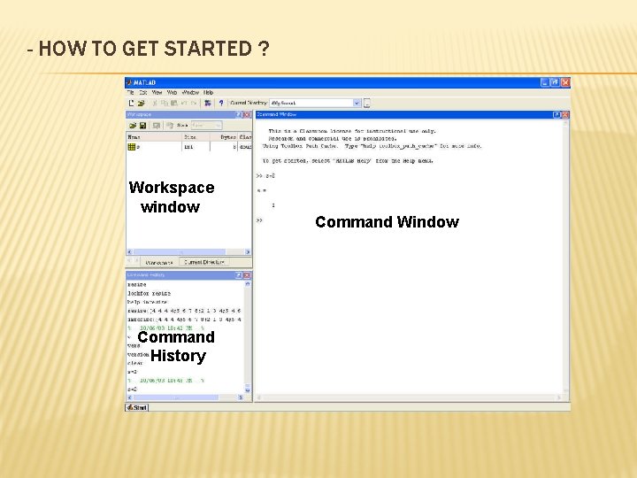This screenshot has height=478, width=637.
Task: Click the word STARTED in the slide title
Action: pyautogui.click(x=208, y=49)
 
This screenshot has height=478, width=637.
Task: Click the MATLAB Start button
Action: pyautogui.click(x=138, y=407)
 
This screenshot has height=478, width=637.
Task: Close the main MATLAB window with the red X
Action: pyautogui.click(x=565, y=82)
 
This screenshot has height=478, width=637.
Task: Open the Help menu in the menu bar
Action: pyautogui.click(x=209, y=92)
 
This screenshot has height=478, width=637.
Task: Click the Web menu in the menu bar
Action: pyautogui.click(x=173, y=92)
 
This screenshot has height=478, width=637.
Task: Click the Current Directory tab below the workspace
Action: pyautogui.click(x=203, y=262)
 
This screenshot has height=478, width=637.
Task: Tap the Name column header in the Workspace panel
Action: pyautogui.click(x=134, y=137)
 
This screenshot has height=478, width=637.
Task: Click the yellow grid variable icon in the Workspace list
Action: pyautogui.click(x=132, y=147)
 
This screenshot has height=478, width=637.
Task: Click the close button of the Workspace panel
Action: pyautogui.click(x=248, y=114)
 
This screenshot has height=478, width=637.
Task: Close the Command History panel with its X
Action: pyautogui.click(x=248, y=275)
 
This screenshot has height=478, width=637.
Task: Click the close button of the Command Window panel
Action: pyautogui.click(x=565, y=114)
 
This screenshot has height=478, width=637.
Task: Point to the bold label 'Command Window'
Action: pyautogui.click(x=387, y=222)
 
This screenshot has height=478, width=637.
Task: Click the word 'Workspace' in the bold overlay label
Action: pyautogui.click(x=172, y=188)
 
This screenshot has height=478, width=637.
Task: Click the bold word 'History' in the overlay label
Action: pyautogui.click(x=178, y=356)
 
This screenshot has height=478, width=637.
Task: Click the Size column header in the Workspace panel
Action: pyautogui.click(x=189, y=137)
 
